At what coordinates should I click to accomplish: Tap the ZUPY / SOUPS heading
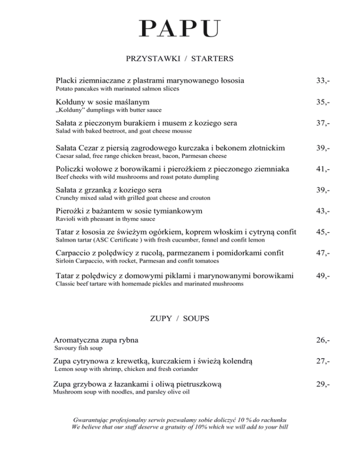(180, 318)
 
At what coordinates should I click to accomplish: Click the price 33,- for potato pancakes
(323, 81)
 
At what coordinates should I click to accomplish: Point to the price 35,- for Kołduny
(323, 102)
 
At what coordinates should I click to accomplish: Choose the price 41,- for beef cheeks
(323, 169)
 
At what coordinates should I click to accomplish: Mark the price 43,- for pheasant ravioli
(323, 211)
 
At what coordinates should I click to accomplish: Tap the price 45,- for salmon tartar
(323, 233)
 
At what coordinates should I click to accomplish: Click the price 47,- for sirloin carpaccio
(323, 254)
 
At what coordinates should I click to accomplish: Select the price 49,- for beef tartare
(323, 276)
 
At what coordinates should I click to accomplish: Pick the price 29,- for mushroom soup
(323, 384)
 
